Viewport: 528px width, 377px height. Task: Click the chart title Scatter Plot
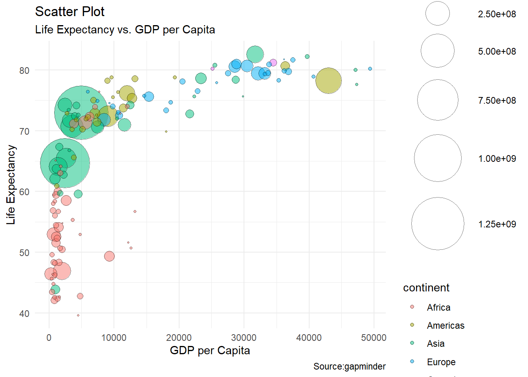point(70,12)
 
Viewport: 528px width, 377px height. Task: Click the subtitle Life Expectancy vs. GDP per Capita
point(125,30)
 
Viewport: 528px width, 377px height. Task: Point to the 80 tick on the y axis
point(24,71)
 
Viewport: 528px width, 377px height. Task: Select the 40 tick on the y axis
point(24,314)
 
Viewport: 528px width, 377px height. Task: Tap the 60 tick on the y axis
point(24,192)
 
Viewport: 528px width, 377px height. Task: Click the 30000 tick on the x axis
point(244,338)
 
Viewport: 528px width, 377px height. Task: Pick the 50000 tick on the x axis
point(374,338)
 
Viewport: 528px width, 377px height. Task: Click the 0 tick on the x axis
point(49,338)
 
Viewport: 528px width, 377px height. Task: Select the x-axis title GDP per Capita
point(210,350)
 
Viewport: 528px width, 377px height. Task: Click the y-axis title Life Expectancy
point(11,185)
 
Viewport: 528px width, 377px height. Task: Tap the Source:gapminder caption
point(349,366)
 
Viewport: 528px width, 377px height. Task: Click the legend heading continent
point(426,288)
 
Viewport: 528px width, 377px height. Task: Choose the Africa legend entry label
point(438,307)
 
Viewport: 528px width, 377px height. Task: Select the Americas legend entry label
point(445,326)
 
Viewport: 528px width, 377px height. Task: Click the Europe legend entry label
point(441,362)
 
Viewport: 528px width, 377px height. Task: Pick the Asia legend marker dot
point(412,343)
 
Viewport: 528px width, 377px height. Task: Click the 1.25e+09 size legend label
point(497,224)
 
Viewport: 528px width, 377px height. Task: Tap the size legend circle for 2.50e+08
point(437,13)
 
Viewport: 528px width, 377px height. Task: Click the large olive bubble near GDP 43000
point(328,81)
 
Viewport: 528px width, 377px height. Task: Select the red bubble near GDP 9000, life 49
point(109,256)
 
